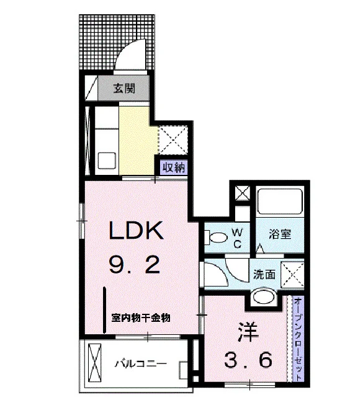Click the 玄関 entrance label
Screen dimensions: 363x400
124,88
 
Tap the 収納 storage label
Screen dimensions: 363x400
174,167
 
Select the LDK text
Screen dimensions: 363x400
136,230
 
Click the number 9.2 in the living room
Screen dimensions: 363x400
135,265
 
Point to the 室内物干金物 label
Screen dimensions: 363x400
141,318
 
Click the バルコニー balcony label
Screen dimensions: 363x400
141,363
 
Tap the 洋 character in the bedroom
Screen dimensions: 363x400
248,332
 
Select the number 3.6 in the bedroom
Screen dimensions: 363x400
248,360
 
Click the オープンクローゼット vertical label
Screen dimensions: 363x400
298,339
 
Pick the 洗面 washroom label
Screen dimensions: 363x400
264,274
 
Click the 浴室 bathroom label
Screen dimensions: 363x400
280,233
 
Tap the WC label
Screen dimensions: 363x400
237,238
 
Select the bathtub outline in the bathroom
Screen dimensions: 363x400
280,202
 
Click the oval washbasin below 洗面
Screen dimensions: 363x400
264,296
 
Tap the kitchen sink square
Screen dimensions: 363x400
107,161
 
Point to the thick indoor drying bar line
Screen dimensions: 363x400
105,310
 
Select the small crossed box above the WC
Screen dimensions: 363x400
243,193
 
